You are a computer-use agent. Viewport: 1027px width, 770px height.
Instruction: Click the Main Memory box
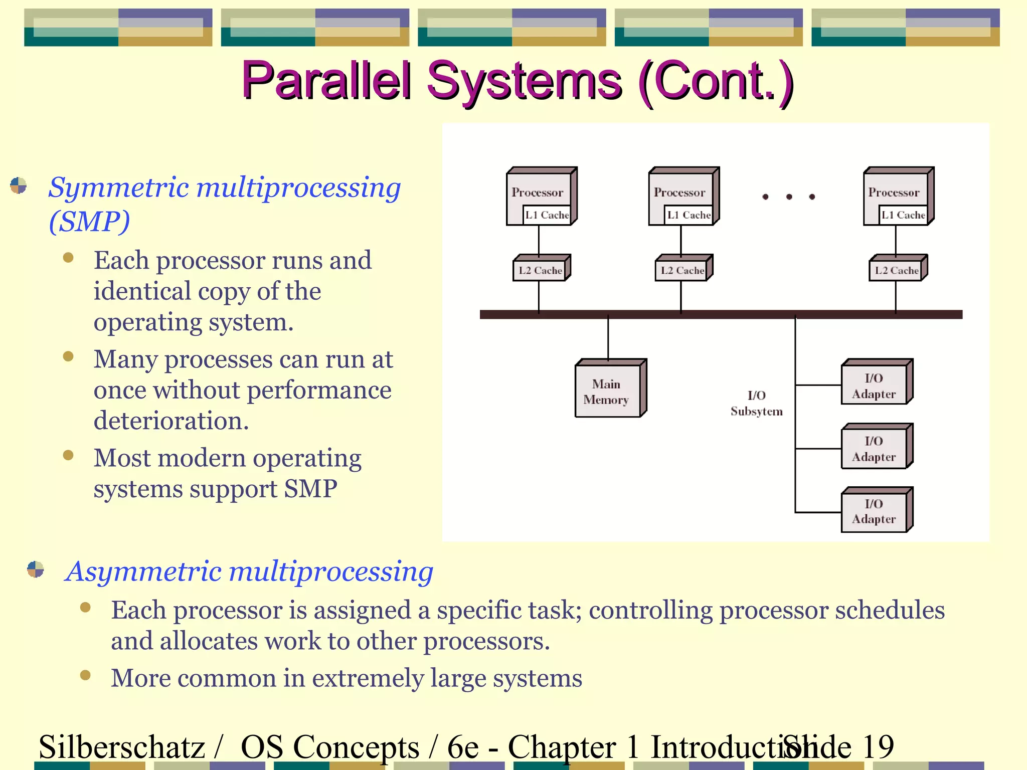click(608, 391)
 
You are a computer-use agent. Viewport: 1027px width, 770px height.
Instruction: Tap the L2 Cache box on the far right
click(897, 270)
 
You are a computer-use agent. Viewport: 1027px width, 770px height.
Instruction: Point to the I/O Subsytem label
click(756, 403)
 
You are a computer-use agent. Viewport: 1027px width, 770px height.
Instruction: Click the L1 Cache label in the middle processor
click(689, 215)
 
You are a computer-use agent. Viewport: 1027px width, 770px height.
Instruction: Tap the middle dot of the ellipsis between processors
click(789, 197)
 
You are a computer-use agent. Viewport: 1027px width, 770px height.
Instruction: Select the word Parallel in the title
click(326, 80)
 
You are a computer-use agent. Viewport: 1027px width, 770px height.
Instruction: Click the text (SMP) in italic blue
click(89, 221)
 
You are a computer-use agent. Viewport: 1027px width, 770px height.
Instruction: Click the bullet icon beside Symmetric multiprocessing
click(19, 185)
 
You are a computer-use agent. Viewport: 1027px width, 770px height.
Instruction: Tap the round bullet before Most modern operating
click(69, 455)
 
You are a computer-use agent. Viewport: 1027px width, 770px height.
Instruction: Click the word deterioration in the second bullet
click(170, 420)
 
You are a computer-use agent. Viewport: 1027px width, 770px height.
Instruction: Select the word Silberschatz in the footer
click(122, 747)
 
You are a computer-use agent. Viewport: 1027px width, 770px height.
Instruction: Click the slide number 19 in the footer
click(877, 747)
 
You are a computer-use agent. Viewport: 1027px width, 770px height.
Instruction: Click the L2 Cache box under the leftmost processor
click(540, 270)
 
